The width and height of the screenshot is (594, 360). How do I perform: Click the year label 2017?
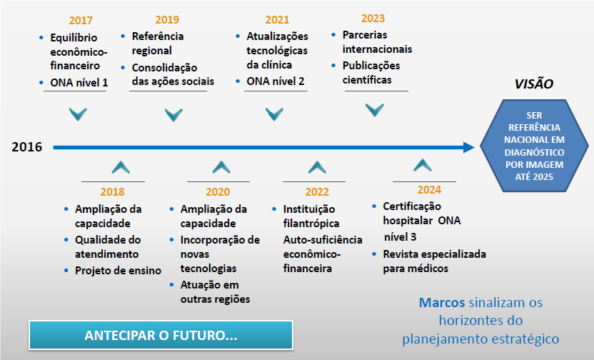(81, 20)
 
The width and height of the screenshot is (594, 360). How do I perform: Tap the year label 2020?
(218, 191)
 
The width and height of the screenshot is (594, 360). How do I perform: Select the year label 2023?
(373, 18)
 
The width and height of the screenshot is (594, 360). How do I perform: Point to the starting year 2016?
(27, 147)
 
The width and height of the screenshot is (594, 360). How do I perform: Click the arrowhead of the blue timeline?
(469, 147)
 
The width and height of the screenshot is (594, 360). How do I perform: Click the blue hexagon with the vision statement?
(534, 146)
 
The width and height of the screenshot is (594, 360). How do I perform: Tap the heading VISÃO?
(534, 84)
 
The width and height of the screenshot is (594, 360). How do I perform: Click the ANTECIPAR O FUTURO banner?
(161, 336)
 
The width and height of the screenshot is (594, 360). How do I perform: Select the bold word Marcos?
(442, 302)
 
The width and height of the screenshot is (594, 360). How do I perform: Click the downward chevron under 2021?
(274, 114)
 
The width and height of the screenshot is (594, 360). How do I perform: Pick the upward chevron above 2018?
(121, 167)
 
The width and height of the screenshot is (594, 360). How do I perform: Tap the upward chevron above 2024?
(423, 165)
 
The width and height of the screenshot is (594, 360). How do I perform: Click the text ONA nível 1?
(79, 82)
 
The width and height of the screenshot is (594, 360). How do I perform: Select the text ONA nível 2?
(276, 81)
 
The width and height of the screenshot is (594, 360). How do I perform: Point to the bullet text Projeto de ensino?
(119, 271)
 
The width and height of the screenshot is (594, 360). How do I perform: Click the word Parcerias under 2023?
(365, 35)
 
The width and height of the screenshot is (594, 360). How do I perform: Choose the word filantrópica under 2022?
(311, 224)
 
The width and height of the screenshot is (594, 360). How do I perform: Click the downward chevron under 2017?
(78, 114)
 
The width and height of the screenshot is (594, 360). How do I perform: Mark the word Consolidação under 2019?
(164, 67)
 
